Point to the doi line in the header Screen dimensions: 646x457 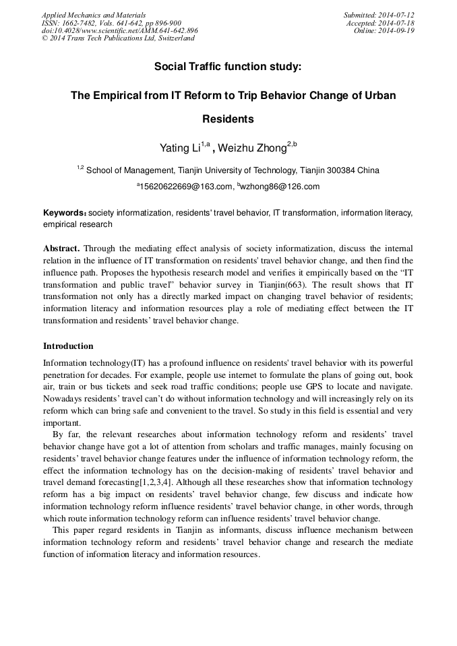point(119,30)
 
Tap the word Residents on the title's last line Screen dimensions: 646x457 point(228,119)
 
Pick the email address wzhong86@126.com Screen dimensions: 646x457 point(278,187)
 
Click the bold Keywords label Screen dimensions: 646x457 point(65,212)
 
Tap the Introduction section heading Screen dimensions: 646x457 point(68,346)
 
